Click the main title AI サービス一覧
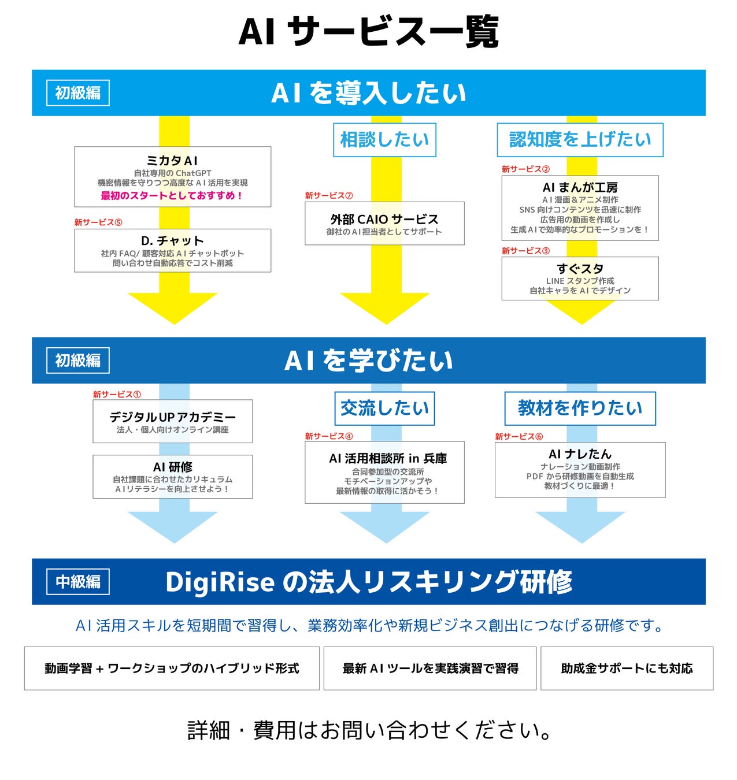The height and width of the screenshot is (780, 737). click(368, 32)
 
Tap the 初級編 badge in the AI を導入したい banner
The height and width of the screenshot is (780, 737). click(78, 93)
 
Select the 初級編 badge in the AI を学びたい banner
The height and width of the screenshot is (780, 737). click(78, 361)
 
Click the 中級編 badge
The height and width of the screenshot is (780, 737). click(78, 581)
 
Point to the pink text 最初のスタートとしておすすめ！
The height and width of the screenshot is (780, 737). click(172, 195)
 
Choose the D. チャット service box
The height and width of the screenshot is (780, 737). click(172, 250)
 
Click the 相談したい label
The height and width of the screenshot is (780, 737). click(384, 139)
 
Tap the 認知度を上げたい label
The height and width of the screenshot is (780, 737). click(580, 139)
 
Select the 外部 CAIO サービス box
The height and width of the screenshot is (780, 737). click(384, 223)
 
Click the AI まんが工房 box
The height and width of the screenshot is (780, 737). click(580, 207)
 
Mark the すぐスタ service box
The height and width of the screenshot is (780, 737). click(580, 278)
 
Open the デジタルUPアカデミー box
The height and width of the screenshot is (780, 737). click(172, 421)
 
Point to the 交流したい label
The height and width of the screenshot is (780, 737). click(384, 408)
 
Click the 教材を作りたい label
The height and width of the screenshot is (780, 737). click(580, 408)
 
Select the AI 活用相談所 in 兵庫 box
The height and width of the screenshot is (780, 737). click(384, 472)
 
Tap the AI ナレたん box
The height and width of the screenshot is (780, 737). click(580, 469)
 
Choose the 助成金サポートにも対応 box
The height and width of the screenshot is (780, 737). click(627, 668)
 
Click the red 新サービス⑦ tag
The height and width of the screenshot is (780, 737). click(329, 196)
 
